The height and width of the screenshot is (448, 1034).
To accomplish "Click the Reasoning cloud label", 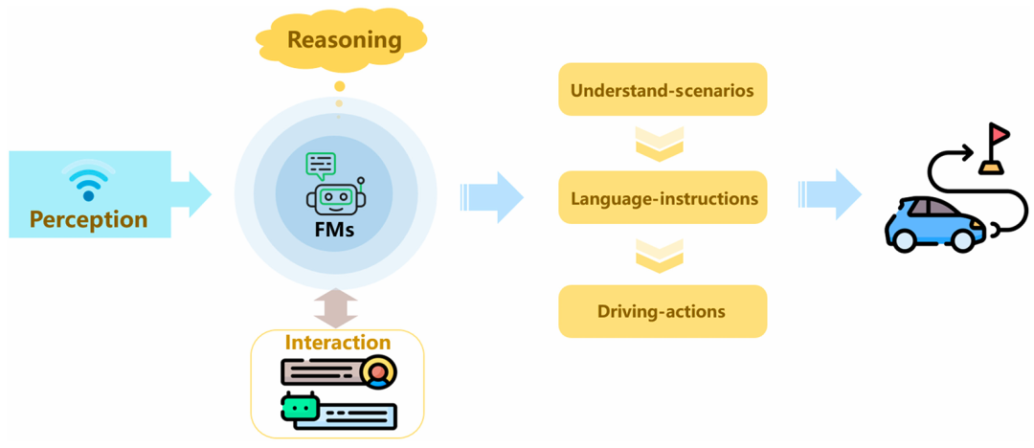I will tap(344, 40).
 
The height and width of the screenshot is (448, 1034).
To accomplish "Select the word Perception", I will tap(88, 219).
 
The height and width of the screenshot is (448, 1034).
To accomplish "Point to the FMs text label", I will tap(335, 230).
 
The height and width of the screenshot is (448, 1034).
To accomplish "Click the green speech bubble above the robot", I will tap(321, 166).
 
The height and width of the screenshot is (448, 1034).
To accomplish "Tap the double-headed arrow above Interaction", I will tap(335, 308).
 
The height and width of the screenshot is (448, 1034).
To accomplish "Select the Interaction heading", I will tap(337, 342).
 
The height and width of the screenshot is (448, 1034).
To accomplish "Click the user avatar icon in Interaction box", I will tap(380, 371).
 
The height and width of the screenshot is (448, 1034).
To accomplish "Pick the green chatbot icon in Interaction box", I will tap(300, 408).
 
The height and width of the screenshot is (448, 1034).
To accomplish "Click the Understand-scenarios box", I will tap(663, 91).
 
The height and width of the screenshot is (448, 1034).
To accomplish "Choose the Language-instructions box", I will tap(663, 198).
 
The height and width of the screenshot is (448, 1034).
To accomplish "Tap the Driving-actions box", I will tap(663, 311).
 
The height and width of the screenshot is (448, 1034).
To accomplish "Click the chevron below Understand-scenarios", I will tap(660, 144).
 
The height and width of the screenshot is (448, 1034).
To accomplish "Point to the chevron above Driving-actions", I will tap(660, 254).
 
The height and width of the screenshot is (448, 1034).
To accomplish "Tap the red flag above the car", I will tap(999, 134).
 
